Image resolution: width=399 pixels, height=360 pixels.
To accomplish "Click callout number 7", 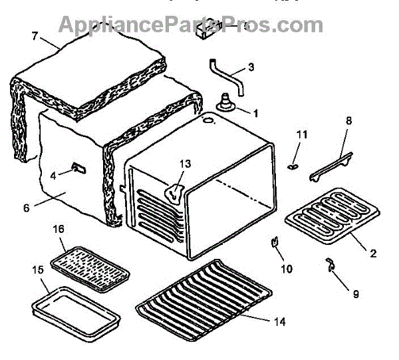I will pos(34,35).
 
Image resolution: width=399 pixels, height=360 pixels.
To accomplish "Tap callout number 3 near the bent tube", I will pos(251,67).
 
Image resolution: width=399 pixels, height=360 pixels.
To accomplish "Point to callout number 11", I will pos(302,135).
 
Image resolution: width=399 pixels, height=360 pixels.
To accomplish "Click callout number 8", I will pos(349,121).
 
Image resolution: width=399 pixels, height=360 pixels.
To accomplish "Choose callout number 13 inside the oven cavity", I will pos(184,164).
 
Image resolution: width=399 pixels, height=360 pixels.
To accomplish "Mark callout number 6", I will pos(27,208).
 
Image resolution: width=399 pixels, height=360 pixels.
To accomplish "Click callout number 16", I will pos(59,229).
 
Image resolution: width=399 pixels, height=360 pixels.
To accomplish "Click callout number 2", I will pos(373,253).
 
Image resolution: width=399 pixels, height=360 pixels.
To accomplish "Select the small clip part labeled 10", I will pos(273,243).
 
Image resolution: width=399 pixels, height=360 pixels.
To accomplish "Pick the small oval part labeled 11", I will pos(293,166).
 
